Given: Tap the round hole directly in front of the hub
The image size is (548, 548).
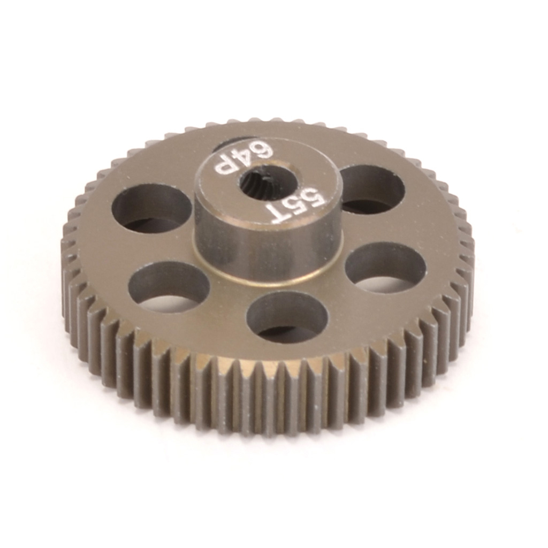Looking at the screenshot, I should pyautogui.click(x=287, y=317).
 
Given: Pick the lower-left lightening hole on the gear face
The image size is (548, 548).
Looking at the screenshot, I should pyautogui.click(x=169, y=286).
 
